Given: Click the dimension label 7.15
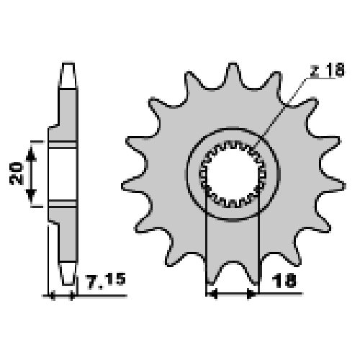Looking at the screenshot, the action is point(106,281).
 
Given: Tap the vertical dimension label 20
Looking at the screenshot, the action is point(17,174).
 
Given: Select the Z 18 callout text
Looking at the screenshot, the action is point(328,70).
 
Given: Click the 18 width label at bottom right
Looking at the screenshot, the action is point(285,281).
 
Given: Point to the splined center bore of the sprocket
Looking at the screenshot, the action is point(233,174).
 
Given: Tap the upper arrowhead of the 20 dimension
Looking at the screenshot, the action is point(31,154).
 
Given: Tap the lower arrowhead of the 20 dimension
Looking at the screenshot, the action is point(31,194).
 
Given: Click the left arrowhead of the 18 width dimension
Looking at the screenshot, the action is point(212,293).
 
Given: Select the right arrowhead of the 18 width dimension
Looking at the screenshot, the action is point(252,293).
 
